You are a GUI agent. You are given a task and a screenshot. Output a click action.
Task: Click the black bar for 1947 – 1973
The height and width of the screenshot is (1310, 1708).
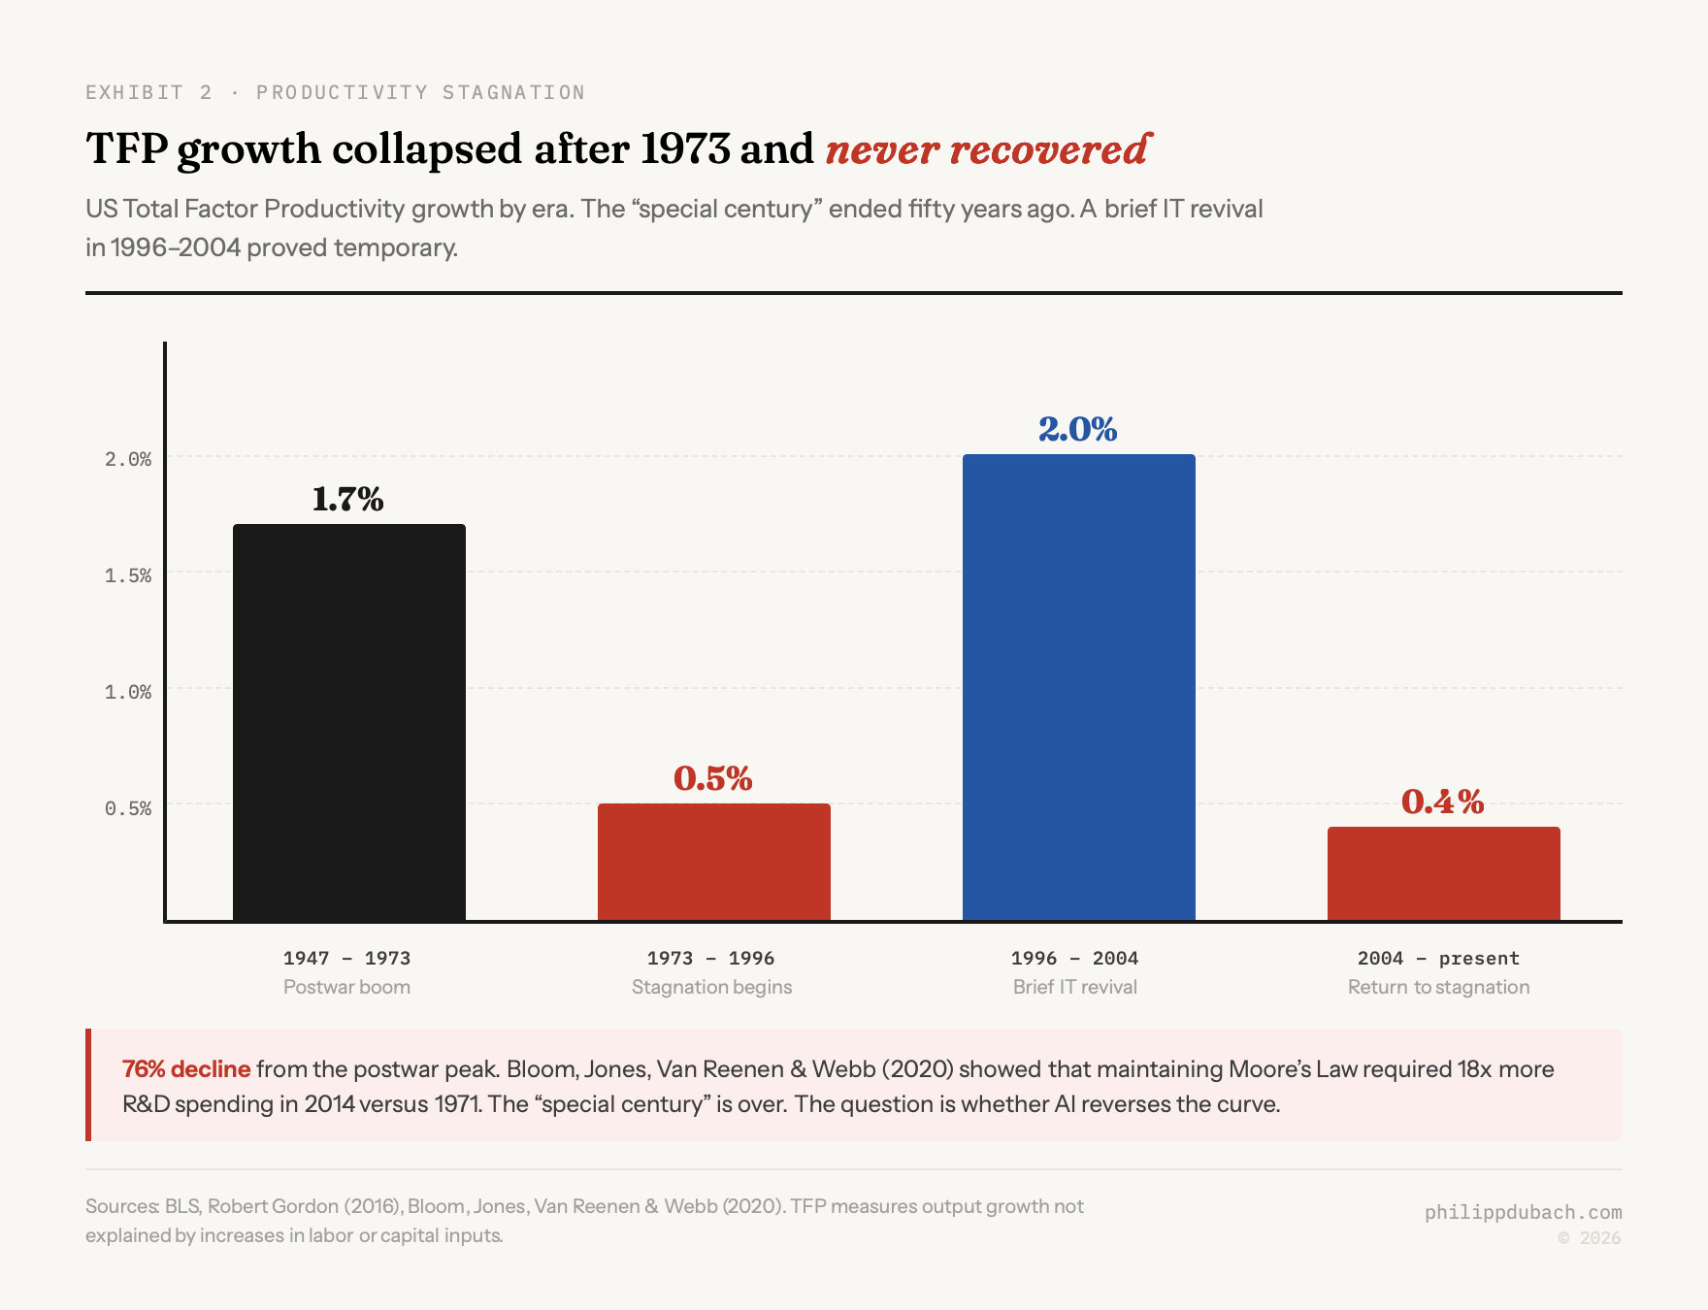(x=349, y=723)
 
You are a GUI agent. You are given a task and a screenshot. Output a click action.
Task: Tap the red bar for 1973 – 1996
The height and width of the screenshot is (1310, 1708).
(x=713, y=862)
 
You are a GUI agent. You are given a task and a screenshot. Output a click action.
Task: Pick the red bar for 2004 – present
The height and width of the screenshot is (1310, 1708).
(x=1443, y=873)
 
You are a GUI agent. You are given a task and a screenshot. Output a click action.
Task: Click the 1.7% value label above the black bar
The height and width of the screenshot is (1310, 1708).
(x=347, y=499)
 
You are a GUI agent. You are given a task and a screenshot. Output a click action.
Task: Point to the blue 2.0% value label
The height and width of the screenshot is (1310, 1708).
(x=1077, y=429)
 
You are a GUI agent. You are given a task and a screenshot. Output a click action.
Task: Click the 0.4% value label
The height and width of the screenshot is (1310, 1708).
(x=1442, y=802)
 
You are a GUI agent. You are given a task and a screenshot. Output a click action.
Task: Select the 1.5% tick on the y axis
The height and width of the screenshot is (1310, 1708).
(x=128, y=575)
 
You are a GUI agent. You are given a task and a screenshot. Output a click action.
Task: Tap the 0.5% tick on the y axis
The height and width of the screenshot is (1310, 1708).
(x=128, y=808)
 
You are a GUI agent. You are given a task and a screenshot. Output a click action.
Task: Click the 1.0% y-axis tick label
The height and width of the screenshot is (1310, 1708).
(x=128, y=692)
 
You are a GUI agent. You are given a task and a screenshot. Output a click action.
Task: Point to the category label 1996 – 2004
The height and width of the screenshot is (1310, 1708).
(x=1074, y=958)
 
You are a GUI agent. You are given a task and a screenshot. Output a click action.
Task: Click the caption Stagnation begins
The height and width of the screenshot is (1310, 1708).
(x=711, y=987)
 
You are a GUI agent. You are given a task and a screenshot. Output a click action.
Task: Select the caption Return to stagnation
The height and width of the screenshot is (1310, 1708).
(x=1438, y=987)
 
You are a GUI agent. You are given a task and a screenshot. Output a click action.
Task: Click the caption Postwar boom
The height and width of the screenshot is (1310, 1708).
(x=346, y=987)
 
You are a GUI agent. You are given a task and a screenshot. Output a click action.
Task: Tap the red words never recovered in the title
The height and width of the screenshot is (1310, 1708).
(x=987, y=149)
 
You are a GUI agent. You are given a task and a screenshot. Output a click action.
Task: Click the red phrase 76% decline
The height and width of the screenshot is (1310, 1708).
(x=186, y=1069)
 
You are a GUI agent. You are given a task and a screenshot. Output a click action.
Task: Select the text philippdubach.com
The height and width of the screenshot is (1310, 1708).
(x=1523, y=1212)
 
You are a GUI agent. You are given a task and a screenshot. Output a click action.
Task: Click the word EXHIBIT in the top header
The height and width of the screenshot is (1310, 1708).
(x=134, y=92)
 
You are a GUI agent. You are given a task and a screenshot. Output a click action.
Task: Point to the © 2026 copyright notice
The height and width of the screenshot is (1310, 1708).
(x=1589, y=1238)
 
